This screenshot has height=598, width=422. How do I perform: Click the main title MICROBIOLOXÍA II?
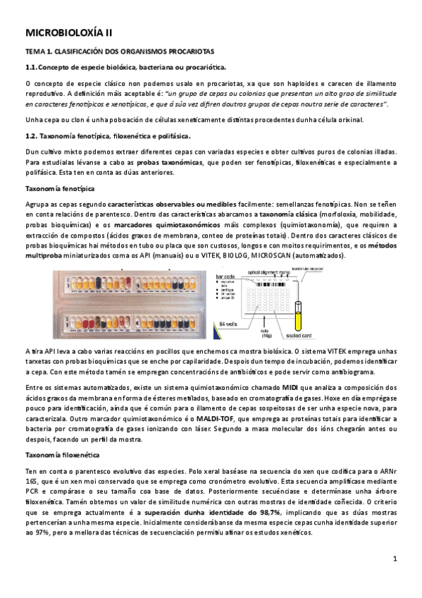68,32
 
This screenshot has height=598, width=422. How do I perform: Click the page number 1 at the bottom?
395,559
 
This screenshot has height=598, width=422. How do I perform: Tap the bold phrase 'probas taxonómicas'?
164,162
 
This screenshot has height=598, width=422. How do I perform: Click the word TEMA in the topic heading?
35,51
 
